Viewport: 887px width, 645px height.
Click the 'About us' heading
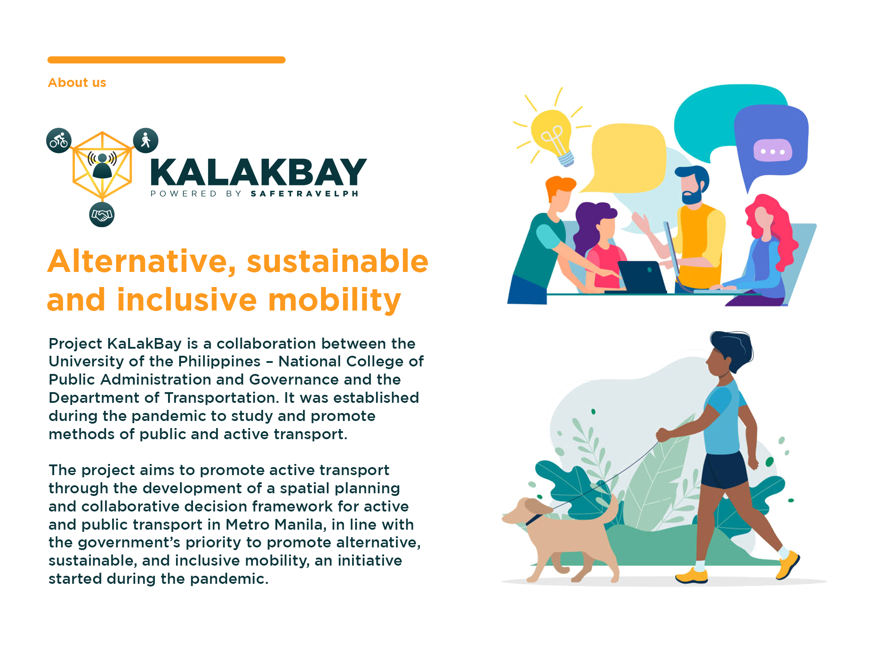[x=77, y=83]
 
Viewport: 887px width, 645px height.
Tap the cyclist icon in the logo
[x=59, y=141]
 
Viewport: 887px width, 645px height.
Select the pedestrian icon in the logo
[x=146, y=141]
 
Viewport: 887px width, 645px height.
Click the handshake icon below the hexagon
[x=102, y=215]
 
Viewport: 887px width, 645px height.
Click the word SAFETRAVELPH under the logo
[x=305, y=193]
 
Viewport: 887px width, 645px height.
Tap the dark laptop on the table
[x=642, y=277]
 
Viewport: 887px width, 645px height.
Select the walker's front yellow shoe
[x=788, y=564]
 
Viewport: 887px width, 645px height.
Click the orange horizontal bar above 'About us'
[x=166, y=60]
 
